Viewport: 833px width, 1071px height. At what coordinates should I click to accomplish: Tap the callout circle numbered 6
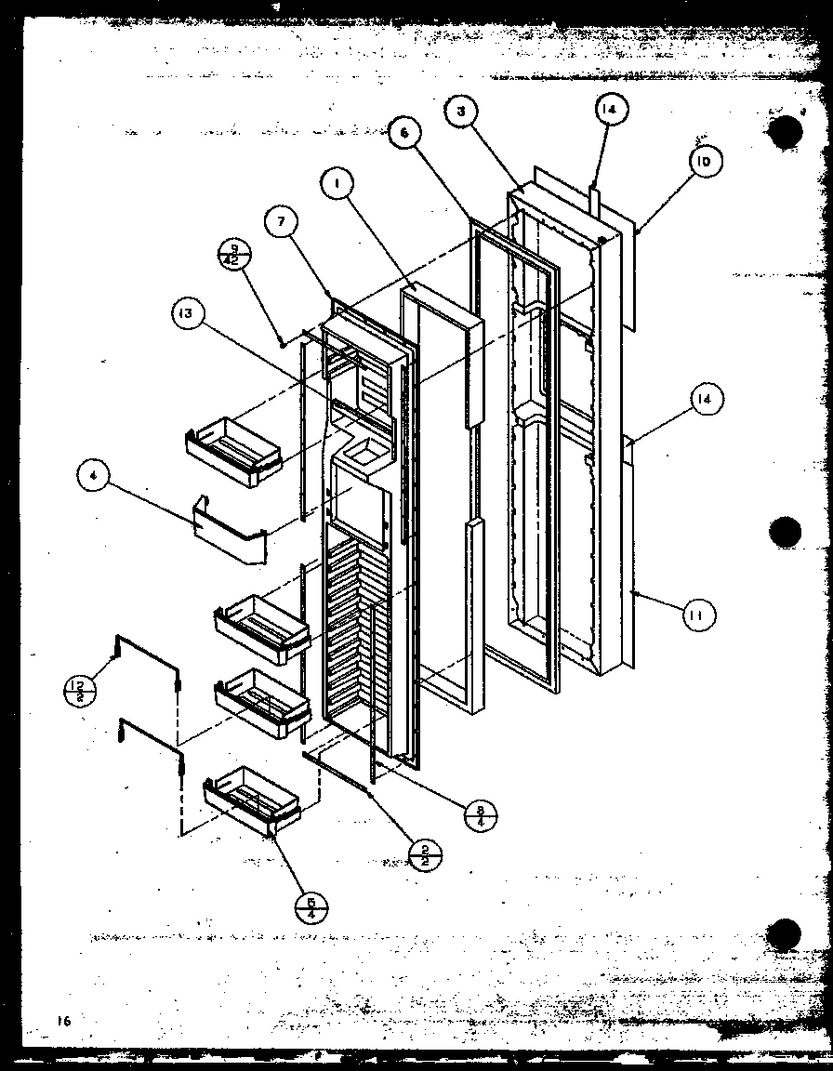point(403,133)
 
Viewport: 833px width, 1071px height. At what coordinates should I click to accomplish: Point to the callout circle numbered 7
point(281,224)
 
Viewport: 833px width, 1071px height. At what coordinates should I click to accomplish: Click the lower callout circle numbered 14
point(707,400)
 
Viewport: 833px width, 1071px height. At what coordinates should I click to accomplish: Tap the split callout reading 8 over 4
point(481,815)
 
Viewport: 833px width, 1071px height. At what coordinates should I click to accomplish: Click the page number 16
point(62,1020)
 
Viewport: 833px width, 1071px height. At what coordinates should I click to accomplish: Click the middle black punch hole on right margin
point(786,534)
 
